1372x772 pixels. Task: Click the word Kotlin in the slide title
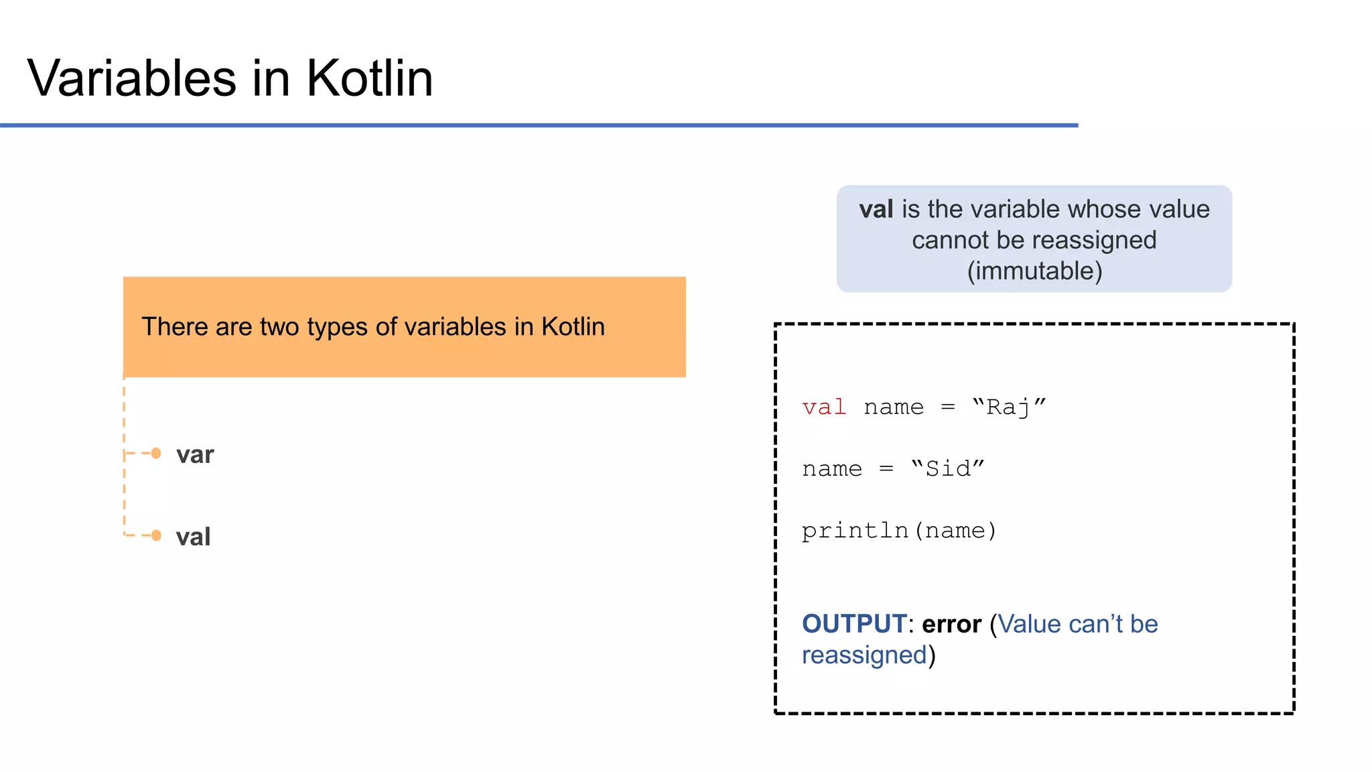(x=369, y=78)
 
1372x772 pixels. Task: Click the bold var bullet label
(x=195, y=455)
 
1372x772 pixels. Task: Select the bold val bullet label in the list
(x=193, y=537)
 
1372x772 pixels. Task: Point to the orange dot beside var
(x=156, y=454)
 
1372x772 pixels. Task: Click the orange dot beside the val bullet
(x=156, y=535)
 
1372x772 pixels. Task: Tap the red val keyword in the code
(x=824, y=407)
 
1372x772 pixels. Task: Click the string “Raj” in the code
(x=1009, y=407)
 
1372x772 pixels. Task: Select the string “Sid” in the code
(x=947, y=468)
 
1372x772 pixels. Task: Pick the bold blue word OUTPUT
(x=854, y=624)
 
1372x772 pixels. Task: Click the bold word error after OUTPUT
(x=951, y=624)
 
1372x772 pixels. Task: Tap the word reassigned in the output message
(x=864, y=655)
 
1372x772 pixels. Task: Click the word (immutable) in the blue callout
(x=1034, y=271)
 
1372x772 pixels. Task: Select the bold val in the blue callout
(x=876, y=209)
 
